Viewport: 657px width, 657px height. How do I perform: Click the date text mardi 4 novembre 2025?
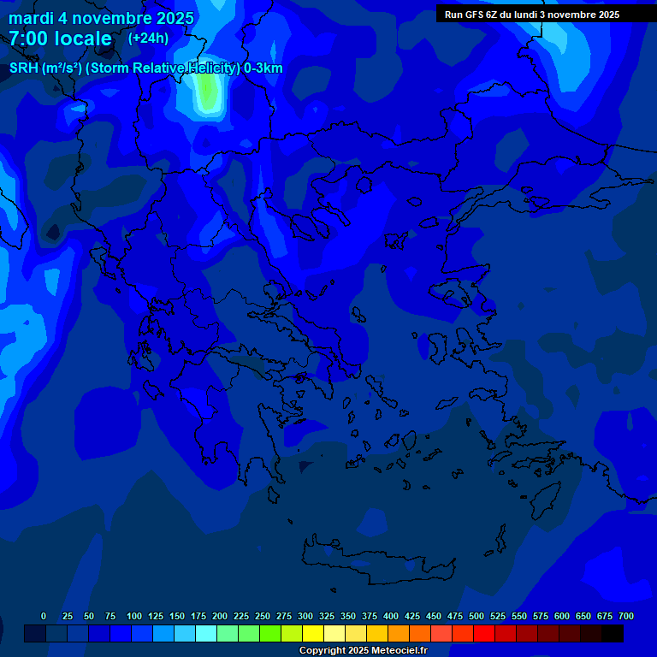pos(101,18)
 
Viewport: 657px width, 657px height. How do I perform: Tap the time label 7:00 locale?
pos(60,38)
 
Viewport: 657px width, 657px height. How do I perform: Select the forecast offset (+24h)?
pos(148,38)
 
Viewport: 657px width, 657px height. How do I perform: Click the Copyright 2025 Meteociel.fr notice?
pos(363,650)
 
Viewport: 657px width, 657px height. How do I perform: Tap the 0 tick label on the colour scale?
pos(44,616)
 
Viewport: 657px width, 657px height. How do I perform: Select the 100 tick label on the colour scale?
pos(134,616)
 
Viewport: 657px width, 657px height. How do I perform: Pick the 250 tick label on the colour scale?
pos(263,616)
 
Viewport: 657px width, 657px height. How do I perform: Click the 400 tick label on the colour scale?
pos(391,616)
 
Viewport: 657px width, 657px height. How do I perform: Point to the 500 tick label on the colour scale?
pos(476,616)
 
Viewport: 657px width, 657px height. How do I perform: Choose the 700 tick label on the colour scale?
pos(626,616)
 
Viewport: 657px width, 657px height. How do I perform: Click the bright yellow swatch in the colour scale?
pos(313,634)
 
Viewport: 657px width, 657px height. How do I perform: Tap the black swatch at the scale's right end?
pos(613,634)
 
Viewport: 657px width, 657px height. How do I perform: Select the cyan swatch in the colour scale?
pos(206,634)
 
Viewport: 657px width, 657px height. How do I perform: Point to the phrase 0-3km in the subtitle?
pos(263,68)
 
